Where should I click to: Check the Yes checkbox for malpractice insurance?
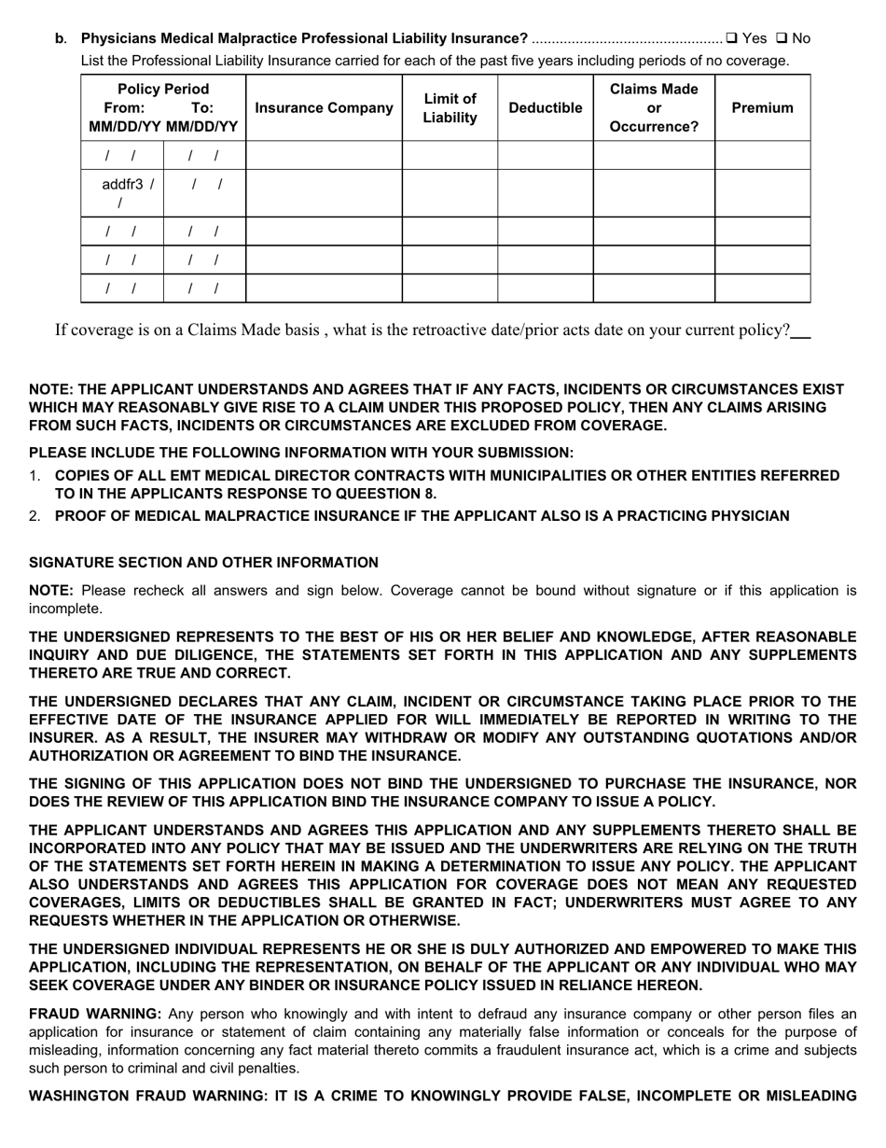click(732, 38)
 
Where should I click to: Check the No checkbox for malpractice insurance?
click(782, 38)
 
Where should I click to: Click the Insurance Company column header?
click(324, 108)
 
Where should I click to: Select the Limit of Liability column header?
click(450, 108)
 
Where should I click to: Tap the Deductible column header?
click(545, 108)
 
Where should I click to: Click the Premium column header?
click(762, 108)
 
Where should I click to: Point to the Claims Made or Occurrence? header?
click(653, 108)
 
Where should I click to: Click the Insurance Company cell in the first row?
click(324, 156)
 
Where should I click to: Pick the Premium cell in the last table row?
click(762, 288)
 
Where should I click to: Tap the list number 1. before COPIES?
click(35, 476)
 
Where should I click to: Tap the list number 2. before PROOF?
click(35, 516)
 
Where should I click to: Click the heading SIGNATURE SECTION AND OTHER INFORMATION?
click(203, 563)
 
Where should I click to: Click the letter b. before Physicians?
click(60, 38)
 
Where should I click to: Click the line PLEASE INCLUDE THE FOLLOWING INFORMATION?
click(301, 453)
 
